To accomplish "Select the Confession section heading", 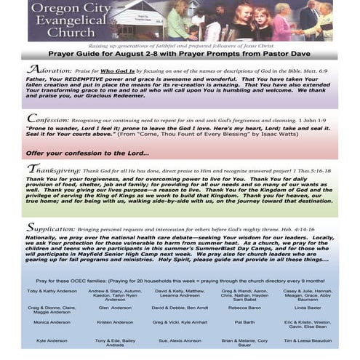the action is [x=49, y=117].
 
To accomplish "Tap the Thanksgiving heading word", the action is [x=56, y=169].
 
